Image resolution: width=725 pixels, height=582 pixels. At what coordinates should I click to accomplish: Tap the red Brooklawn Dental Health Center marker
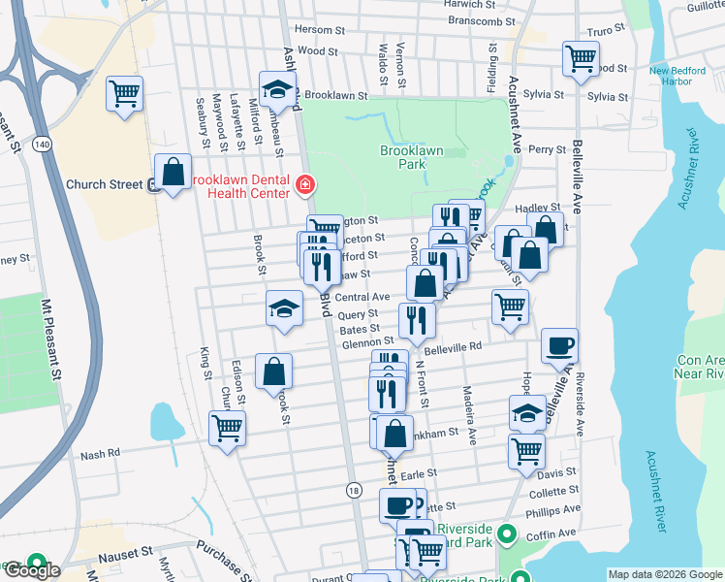pos(304,183)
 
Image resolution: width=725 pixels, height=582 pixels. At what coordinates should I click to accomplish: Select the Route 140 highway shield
pos(42,143)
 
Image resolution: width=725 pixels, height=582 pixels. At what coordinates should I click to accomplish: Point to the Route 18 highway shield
pos(355,492)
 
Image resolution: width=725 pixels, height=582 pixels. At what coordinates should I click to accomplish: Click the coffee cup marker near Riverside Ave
pos(558,346)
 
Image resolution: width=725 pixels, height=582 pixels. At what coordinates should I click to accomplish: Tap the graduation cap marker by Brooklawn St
pos(277,91)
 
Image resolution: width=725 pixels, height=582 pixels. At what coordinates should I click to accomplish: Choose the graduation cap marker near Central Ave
pos(283,309)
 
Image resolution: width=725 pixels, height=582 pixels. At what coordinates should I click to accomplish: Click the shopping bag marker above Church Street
pos(173,173)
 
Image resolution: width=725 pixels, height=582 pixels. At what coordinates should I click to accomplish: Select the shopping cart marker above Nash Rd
pos(227,427)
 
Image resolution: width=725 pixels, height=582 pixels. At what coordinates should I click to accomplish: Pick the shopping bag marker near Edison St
pos(273,371)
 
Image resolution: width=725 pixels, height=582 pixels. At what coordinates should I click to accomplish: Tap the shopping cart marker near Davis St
pos(526,451)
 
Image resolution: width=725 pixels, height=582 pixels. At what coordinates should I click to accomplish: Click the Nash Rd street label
pos(100,453)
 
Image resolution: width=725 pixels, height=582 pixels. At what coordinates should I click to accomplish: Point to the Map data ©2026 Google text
pos(665,574)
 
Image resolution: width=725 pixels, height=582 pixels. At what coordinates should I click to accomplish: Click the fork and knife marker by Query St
pos(417,319)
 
